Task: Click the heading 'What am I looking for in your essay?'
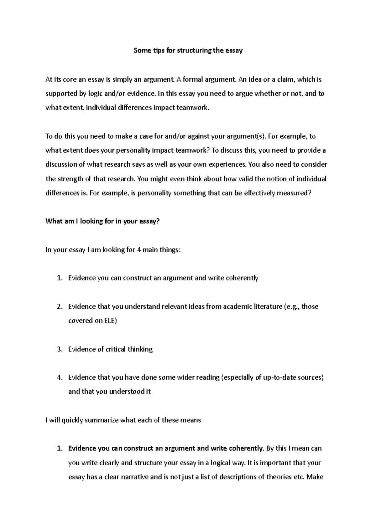[102, 221]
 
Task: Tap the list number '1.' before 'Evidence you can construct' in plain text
[60, 278]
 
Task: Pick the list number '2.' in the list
[60, 306]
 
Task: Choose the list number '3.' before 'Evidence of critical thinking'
[60, 349]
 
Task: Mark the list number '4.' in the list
[60, 377]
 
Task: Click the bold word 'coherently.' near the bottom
[246, 448]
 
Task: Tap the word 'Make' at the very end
[315, 477]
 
